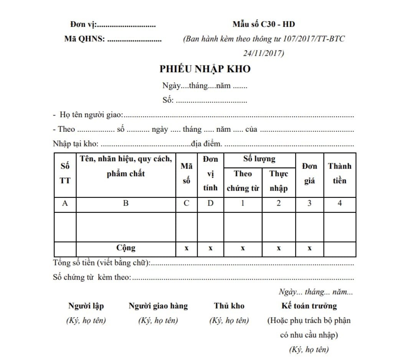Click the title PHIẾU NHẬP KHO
coord(205,69)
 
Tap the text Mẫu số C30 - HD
coord(264,25)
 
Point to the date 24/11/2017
coord(264,53)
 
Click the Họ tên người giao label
coord(91,115)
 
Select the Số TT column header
coord(65,174)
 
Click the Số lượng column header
coord(259,159)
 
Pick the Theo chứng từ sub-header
coord(243,181)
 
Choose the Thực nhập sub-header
coord(279,181)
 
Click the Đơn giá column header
coord(309,174)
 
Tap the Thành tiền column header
coord(340,174)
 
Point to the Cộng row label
coord(126,248)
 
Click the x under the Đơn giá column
coord(309,248)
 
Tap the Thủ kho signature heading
coord(229,306)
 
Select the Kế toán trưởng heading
coord(309,306)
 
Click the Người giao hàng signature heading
coord(158,306)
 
